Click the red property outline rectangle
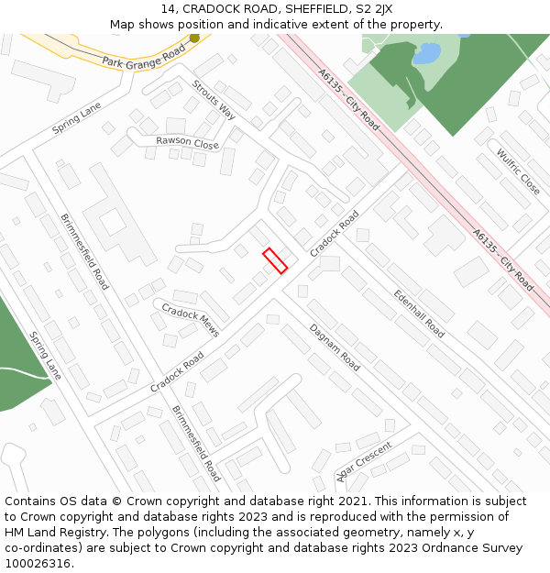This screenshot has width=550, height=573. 275,260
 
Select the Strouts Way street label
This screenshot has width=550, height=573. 214,100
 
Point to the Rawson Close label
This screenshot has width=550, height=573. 187,143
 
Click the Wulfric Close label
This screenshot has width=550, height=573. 518,171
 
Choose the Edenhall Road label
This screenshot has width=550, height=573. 419,314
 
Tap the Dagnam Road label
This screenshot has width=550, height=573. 334,347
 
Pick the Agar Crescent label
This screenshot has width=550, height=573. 364,460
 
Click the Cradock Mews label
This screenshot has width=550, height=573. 191,320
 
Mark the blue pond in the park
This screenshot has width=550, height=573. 426,54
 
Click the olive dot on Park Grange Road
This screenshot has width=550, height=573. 194,39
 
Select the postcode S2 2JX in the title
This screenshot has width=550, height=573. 373,9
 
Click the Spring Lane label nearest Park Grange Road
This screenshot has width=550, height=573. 77,119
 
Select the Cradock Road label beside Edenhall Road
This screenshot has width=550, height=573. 335,234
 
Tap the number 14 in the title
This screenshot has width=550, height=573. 166,9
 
